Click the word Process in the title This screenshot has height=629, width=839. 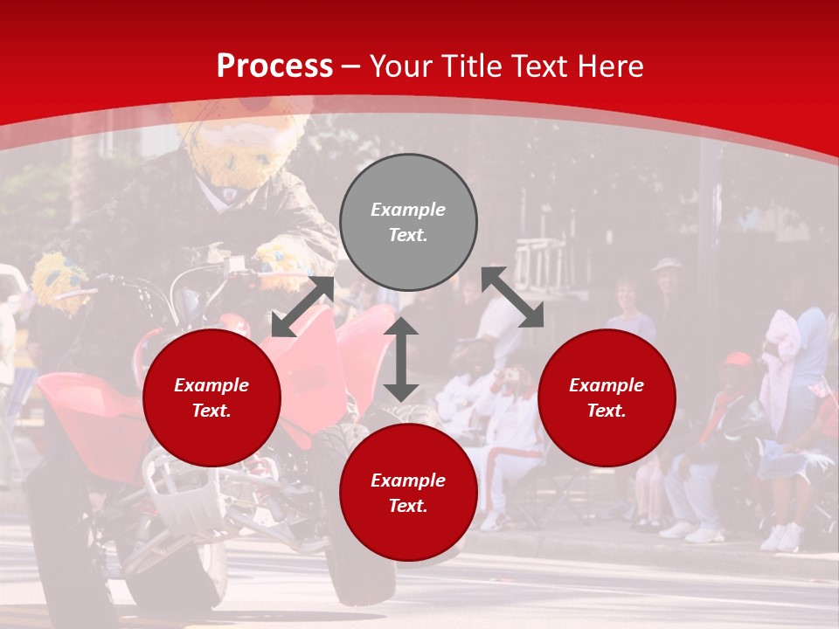274,66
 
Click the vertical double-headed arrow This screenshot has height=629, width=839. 401,359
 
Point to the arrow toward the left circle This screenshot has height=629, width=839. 302,307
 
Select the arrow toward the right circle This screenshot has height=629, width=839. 512,297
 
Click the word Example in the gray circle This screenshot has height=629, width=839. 408,210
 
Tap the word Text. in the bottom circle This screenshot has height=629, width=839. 408,506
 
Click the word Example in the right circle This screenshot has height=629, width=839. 607,385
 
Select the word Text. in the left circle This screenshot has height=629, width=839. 211,411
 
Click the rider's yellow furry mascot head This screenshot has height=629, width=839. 234,149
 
